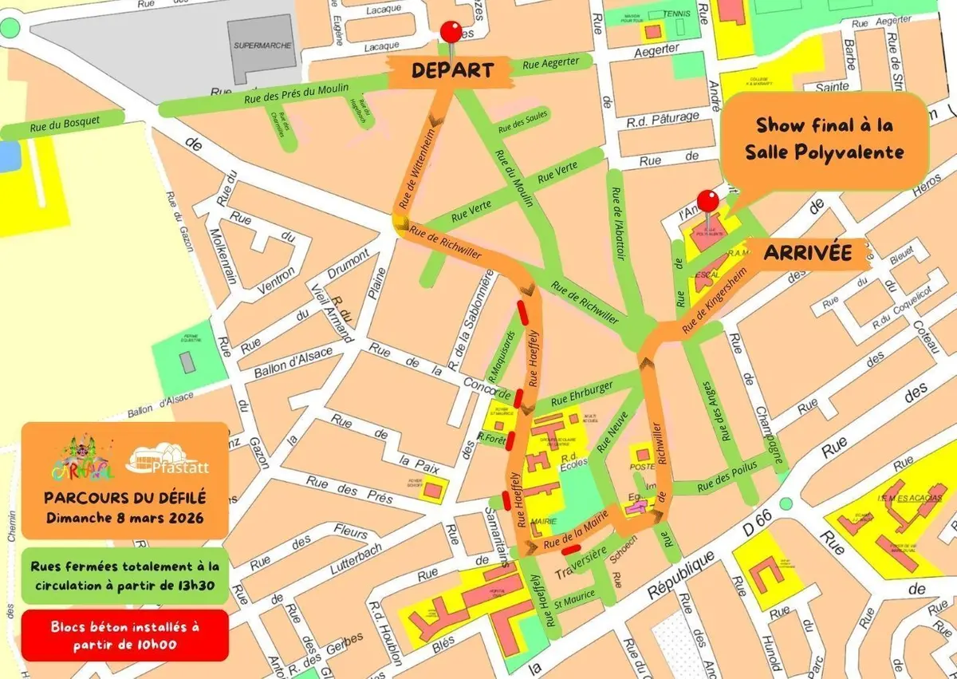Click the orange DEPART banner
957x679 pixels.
click(x=451, y=71)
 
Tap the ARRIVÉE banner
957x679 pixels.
click(x=807, y=254)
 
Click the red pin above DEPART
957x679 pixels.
click(x=451, y=33)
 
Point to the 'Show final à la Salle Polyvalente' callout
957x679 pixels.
click(x=825, y=138)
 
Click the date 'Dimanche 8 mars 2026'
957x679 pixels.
click(x=124, y=516)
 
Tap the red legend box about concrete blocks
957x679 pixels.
click(x=124, y=635)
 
